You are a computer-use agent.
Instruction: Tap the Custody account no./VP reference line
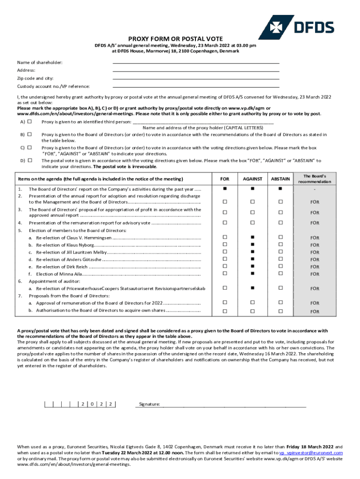[196, 86]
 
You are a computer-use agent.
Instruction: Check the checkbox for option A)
[29, 122]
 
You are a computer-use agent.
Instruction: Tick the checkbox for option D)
[29, 160]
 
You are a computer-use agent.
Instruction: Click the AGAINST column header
[252, 179]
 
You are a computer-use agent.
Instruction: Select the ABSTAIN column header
[281, 179]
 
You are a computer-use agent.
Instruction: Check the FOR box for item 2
[224, 202]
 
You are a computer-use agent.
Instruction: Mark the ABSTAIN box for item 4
[281, 223]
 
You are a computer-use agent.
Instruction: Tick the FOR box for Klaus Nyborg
[224, 244]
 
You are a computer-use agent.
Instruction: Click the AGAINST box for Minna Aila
[252, 273]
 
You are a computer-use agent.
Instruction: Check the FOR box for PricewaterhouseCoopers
[224, 288]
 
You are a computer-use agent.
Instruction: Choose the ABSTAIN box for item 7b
[281, 311]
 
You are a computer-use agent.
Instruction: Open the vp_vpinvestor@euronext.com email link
[311, 453]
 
